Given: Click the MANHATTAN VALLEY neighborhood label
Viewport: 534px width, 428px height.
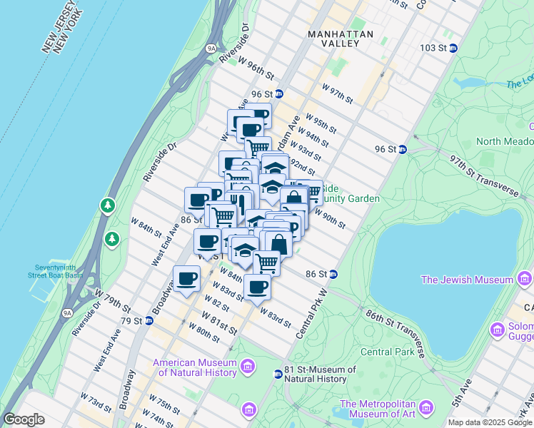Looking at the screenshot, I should point(341,39).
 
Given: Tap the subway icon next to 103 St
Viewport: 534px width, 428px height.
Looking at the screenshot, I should point(453,48).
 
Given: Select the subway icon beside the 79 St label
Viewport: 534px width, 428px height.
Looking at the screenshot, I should point(148,320).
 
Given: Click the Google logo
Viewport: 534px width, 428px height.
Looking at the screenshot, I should point(24,419).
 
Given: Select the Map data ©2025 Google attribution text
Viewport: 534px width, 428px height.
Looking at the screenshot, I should point(490,422).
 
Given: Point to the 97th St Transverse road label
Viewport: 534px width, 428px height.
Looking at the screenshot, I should point(483,175).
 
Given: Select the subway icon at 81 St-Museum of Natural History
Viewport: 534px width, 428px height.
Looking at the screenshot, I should point(278,374).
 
